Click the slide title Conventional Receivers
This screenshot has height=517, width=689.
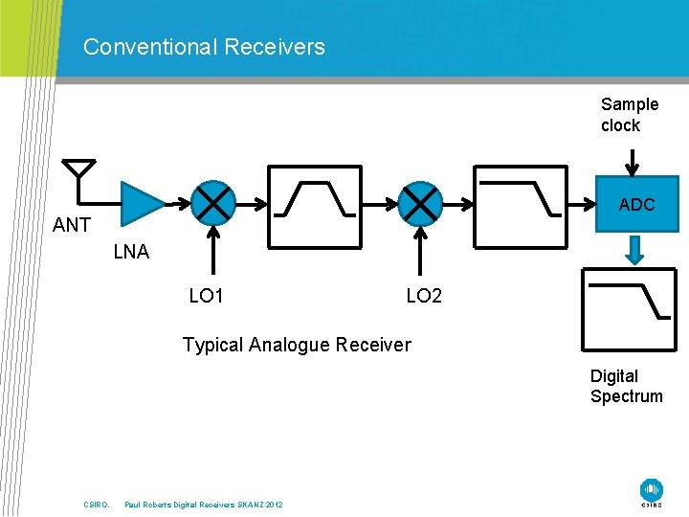click(204, 46)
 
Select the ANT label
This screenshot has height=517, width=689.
click(72, 226)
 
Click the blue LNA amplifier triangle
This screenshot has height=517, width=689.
click(142, 203)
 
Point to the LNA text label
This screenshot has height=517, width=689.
click(131, 253)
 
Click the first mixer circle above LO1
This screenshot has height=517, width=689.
click(212, 203)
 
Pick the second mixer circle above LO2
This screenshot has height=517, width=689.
click(419, 203)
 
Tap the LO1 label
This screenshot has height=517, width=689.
click(206, 297)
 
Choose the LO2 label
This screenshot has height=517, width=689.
click(424, 297)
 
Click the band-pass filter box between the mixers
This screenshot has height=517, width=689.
click(315, 203)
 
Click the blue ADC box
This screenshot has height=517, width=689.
click(636, 204)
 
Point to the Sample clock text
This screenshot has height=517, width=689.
click(630, 115)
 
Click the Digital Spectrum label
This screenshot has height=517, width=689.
click(626, 386)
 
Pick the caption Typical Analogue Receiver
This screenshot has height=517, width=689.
click(297, 345)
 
